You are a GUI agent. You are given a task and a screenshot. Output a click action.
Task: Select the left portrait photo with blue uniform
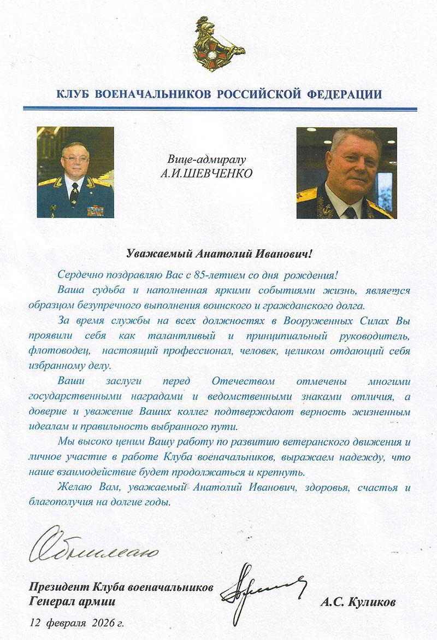[x=75, y=172]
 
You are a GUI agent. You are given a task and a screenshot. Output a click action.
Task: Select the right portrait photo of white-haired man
[x=346, y=173]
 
